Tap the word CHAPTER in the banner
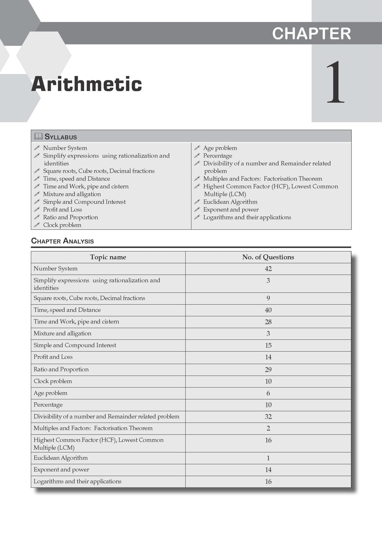tap(311, 34)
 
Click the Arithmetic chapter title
tap(87, 84)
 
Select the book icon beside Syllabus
tap(38, 136)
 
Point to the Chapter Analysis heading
tap(62, 241)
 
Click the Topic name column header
tap(108, 257)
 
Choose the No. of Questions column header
tap(268, 257)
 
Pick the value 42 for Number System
tap(268, 269)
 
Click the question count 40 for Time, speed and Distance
tap(268, 310)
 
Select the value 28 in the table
tap(268, 322)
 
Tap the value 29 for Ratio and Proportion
tap(268, 370)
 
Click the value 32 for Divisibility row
tap(268, 417)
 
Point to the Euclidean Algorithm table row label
tap(60, 458)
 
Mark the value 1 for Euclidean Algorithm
tap(268, 458)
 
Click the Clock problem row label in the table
tap(53, 381)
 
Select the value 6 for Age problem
tap(268, 393)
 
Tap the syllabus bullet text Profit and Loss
tap(62, 210)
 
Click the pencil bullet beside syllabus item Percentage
tap(197, 156)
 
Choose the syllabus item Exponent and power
tap(231, 210)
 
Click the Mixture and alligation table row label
tap(62, 333)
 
